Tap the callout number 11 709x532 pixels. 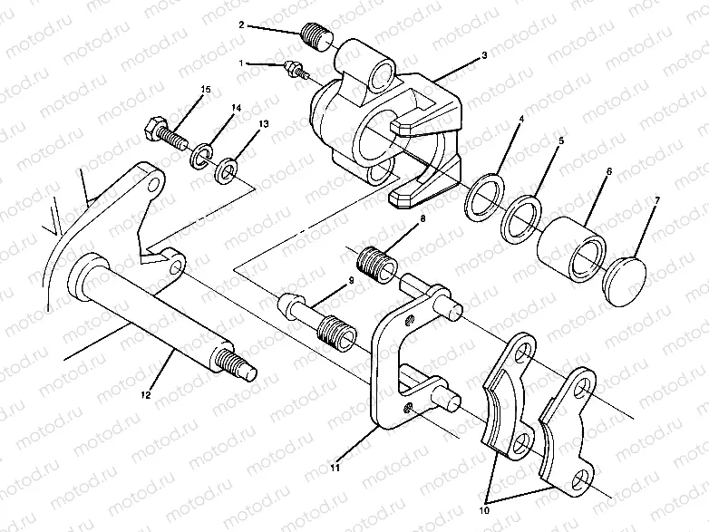(335, 469)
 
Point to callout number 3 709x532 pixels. (485, 56)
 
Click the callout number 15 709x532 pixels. (205, 89)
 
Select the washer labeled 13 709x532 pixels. (227, 169)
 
